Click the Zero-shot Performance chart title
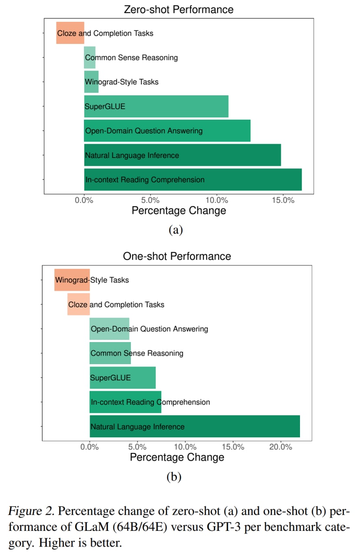[178, 9]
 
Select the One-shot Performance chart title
[177, 256]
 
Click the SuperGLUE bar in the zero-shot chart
[156, 106]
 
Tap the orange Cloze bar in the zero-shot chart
[70, 33]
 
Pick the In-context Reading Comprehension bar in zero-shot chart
[193, 180]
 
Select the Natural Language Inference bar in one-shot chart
[195, 426]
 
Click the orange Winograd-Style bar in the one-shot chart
[72, 280]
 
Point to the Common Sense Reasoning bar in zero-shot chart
[90, 57]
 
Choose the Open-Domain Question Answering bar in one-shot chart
[109, 329]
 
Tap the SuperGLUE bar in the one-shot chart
[123, 378]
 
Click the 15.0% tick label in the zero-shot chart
[283, 200]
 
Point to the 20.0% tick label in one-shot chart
[281, 447]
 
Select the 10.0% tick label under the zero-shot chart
[217, 200]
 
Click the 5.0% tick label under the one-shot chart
[137, 447]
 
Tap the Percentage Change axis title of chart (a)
[179, 211]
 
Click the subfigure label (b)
[174, 477]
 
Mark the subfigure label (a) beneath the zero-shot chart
[176, 230]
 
